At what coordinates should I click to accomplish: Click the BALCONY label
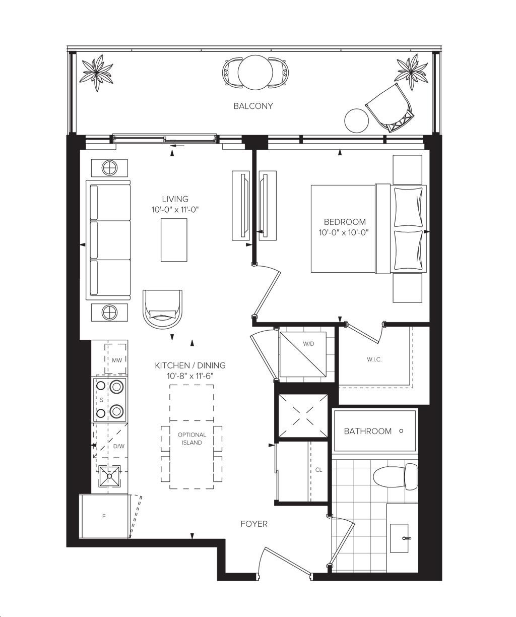pos(253,106)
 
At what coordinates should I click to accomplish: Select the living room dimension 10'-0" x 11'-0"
pos(175,210)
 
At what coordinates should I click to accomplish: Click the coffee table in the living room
pos(174,240)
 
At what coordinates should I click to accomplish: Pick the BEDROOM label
pos(345,222)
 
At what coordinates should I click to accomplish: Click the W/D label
pos(308,344)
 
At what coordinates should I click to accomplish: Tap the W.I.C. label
pos(374,359)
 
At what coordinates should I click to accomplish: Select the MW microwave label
pos(117,360)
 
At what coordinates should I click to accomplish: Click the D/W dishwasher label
pos(119,446)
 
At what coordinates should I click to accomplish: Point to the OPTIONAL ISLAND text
pos(191,439)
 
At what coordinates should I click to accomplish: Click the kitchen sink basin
pos(109,476)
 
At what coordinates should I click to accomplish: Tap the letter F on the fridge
pos(104,516)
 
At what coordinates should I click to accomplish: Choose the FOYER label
pos(254,524)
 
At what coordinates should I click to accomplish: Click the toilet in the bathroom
pos(395,475)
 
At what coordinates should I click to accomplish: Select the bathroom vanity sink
pos(399,538)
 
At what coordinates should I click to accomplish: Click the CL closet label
pos(318,470)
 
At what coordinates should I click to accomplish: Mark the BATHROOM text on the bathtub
pos(368,431)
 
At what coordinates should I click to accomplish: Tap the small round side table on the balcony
pos(356,121)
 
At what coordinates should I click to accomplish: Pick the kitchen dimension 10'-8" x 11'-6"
pos(190,376)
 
